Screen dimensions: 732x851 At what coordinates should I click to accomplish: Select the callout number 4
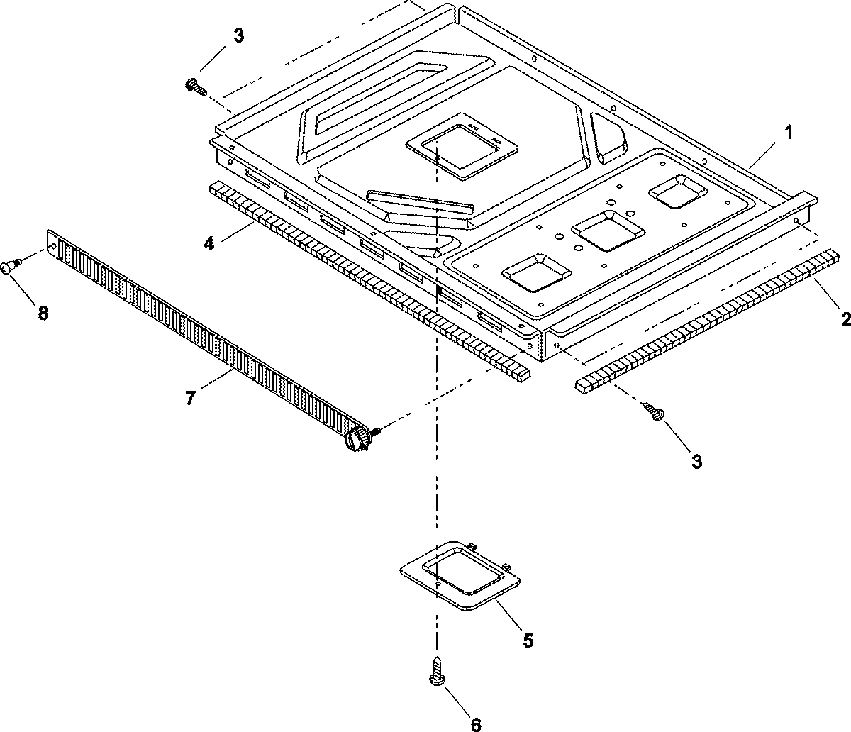(208, 243)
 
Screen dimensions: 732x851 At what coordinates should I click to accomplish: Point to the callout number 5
(528, 640)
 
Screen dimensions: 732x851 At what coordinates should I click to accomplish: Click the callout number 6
(475, 724)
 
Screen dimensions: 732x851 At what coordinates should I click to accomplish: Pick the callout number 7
(189, 398)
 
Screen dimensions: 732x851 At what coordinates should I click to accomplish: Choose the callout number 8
(43, 313)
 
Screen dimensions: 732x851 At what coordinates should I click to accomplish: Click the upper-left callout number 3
(238, 36)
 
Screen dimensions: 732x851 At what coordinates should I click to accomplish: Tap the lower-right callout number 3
(696, 462)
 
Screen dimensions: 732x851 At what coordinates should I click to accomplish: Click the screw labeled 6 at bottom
(438, 670)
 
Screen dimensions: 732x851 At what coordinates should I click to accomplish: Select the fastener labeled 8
(11, 266)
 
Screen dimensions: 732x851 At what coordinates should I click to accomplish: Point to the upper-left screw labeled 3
(194, 87)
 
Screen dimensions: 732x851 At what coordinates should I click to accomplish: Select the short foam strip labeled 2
(706, 319)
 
